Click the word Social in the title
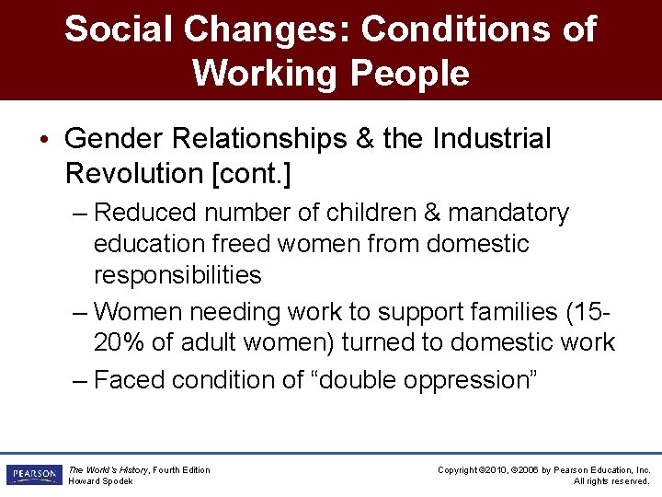(117, 29)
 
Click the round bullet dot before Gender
(46, 140)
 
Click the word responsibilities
(177, 275)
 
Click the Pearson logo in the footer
(33, 475)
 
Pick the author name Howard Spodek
(101, 481)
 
